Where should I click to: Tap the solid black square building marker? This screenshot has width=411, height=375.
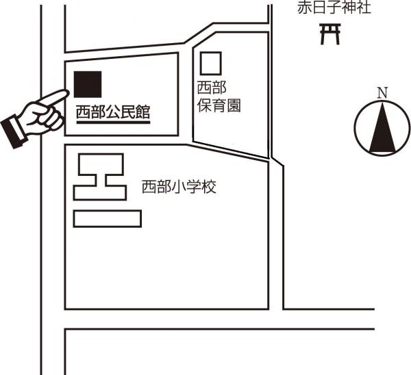88,84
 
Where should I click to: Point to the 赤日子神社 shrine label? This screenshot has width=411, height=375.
325,9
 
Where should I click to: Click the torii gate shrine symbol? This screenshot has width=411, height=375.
330,34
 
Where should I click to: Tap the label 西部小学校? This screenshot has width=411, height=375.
179,187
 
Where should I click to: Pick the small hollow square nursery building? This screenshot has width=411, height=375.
211,64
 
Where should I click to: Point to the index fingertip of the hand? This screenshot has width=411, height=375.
65,93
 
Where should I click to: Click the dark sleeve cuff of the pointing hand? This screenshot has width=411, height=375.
13,131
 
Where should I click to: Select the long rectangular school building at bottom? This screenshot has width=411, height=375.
107,218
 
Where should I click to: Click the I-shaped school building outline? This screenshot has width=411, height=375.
100,177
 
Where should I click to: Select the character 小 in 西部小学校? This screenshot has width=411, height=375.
179,187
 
